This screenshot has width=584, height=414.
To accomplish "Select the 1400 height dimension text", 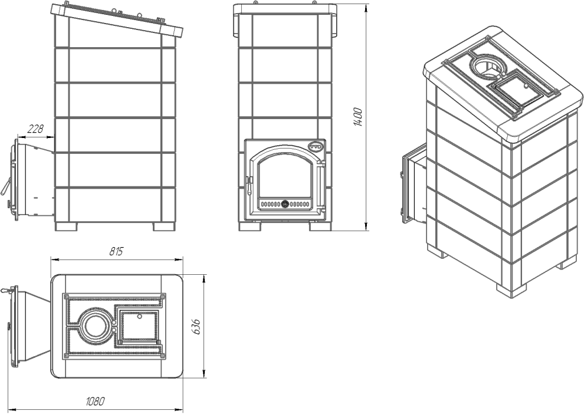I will tap(357, 117).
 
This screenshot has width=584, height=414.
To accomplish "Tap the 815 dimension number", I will tap(116, 252).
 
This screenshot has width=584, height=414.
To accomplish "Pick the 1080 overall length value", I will tap(95, 402).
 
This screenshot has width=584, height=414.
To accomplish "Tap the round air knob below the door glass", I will tap(285, 204).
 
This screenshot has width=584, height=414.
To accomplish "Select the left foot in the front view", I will tap(250, 226).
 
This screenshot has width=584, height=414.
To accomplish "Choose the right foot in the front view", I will tap(320, 226).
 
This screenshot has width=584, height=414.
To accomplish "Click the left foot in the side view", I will tap(66, 226).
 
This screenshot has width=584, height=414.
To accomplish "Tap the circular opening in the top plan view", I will tap(94, 326).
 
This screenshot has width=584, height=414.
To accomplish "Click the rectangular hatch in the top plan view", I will tap(139, 327).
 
